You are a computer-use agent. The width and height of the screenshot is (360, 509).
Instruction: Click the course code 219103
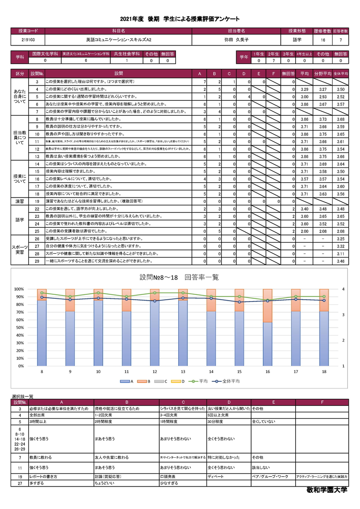[27, 40]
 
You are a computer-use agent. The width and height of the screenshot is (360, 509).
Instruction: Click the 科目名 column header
[118, 31]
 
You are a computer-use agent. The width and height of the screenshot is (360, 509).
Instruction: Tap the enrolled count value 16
[323, 40]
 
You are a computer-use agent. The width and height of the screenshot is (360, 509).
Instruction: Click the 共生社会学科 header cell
[126, 54]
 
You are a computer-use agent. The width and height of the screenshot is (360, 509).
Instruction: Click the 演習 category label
[20, 201]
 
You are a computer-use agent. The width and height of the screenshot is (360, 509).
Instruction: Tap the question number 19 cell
[36, 201]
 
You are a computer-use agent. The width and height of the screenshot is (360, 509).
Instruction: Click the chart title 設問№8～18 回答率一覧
[179, 277]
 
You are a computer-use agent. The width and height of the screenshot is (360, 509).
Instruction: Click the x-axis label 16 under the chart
[268, 372]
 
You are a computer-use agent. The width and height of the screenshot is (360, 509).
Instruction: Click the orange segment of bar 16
[268, 306]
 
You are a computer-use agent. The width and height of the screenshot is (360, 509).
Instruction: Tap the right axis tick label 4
[344, 289]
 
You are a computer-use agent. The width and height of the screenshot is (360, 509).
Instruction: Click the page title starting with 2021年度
[180, 19]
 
